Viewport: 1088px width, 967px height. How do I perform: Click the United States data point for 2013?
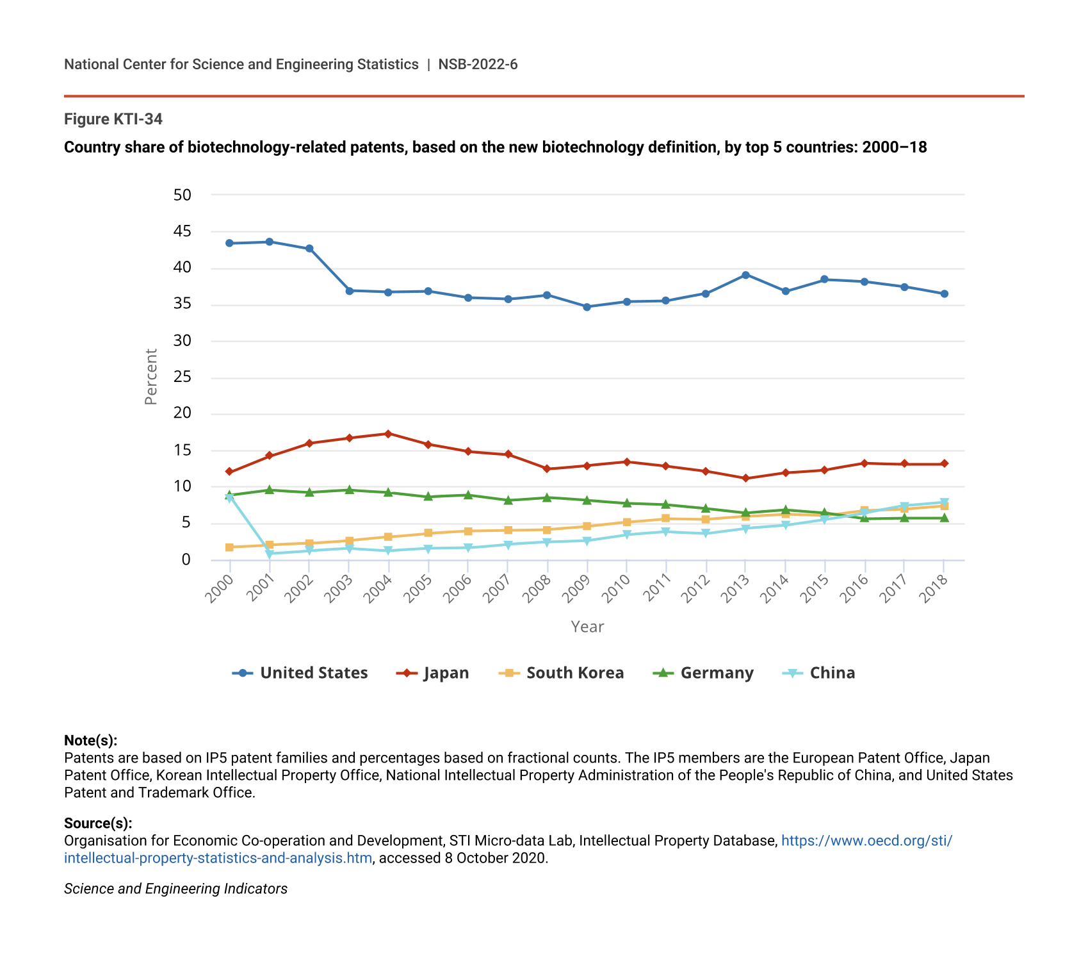pyautogui.click(x=745, y=275)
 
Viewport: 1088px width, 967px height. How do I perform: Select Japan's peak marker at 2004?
pyautogui.click(x=388, y=434)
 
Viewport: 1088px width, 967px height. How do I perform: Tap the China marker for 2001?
pyautogui.click(x=270, y=554)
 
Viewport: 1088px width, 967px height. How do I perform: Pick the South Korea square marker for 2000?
pyautogui.click(x=229, y=547)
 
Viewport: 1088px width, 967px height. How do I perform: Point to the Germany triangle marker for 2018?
pyautogui.click(x=944, y=518)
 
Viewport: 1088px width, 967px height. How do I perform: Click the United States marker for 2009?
pyautogui.click(x=587, y=307)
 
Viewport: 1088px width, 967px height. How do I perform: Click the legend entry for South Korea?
pyautogui.click(x=561, y=673)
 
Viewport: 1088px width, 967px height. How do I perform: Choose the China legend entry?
pyautogui.click(x=819, y=673)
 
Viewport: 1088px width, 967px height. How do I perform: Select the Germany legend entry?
pyautogui.click(x=703, y=673)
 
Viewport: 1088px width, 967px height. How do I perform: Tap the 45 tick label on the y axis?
pyautogui.click(x=183, y=231)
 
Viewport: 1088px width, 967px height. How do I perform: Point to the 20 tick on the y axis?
pyautogui.click(x=183, y=413)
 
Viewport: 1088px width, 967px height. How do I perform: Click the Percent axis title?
pyautogui.click(x=151, y=377)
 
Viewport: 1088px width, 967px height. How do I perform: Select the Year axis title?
pyautogui.click(x=587, y=627)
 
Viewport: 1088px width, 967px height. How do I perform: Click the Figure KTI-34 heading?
pyautogui.click(x=113, y=119)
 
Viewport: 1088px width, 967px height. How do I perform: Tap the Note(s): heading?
pyautogui.click(x=90, y=741)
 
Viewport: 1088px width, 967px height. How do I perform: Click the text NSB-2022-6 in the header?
pyautogui.click(x=478, y=64)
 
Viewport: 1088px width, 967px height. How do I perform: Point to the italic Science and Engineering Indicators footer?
pyautogui.click(x=175, y=889)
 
